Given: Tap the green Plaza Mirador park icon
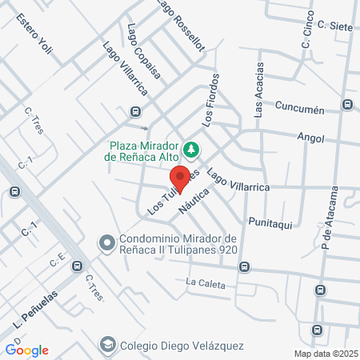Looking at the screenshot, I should (x=191, y=149).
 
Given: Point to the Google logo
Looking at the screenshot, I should (x=26, y=350).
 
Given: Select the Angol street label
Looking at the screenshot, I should (x=310, y=138).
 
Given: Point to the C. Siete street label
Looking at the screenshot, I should (x=334, y=26).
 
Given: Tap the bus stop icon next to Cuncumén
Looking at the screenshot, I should (x=347, y=104).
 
